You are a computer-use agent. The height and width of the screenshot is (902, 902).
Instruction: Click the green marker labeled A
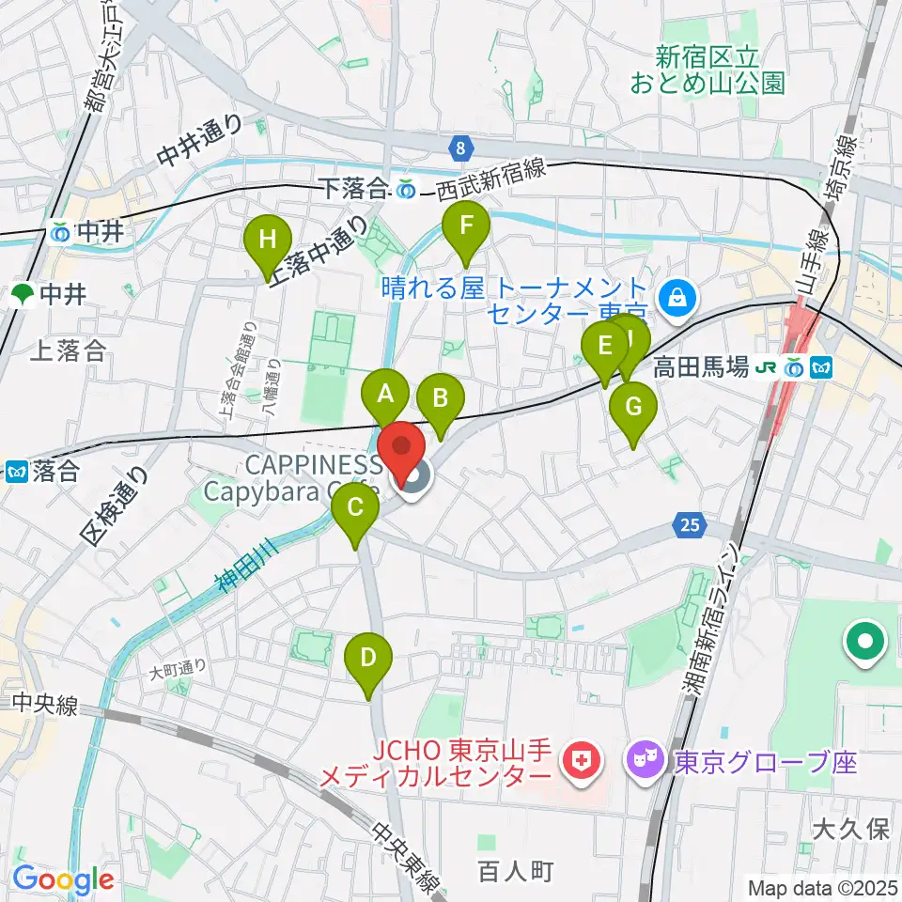pyautogui.click(x=385, y=396)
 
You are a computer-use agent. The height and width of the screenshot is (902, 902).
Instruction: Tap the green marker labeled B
pyautogui.click(x=440, y=399)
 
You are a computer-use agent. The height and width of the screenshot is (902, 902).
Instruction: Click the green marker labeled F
pyautogui.click(x=465, y=226)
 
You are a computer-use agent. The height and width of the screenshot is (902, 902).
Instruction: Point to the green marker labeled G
pyautogui.click(x=632, y=408)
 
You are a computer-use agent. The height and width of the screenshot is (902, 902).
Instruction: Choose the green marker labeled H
pyautogui.click(x=268, y=240)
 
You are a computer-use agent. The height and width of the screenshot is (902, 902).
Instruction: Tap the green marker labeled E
pyautogui.click(x=604, y=345)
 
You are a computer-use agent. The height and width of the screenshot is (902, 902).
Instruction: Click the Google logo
pyautogui.click(x=64, y=880)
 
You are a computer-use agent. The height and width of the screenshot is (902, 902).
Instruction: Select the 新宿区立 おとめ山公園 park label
pyautogui.click(x=707, y=70)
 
